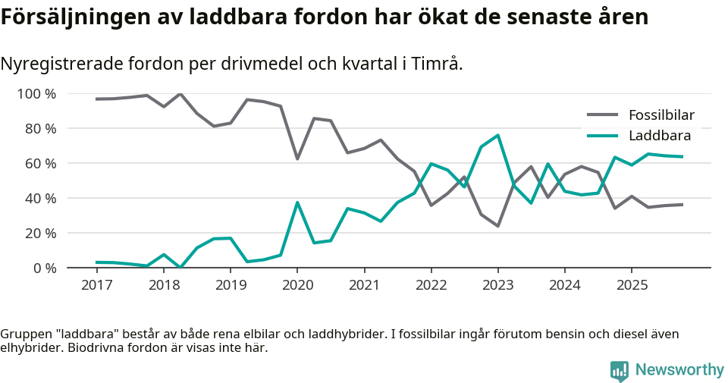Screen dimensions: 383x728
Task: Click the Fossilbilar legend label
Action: (661, 115)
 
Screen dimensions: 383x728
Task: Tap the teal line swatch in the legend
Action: (604, 136)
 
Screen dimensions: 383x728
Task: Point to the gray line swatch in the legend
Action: (604, 115)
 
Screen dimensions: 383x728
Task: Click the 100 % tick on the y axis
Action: (37, 94)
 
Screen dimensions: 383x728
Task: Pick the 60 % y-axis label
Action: (40, 164)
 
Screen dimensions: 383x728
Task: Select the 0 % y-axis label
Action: (44, 268)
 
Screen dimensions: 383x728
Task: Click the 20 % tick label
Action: (40, 233)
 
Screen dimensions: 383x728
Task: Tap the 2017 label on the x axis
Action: (96, 284)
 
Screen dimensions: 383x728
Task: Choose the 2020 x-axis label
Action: (297, 284)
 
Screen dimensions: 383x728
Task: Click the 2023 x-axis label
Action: (497, 284)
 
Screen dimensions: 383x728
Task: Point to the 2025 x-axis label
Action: (632, 284)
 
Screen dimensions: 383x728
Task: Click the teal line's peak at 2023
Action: (497, 135)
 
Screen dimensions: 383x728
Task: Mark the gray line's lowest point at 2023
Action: (497, 226)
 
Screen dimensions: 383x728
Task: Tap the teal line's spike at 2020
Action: (297, 202)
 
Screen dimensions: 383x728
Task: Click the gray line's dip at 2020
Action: (297, 159)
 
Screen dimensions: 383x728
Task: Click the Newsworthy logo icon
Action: (620, 370)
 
